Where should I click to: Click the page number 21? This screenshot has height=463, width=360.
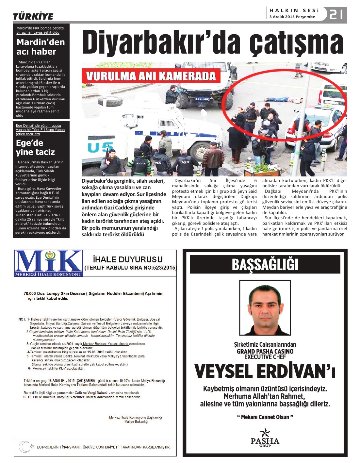pyautogui.click(x=336, y=14)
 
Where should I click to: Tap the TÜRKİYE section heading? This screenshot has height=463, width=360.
pyautogui.click(x=33, y=16)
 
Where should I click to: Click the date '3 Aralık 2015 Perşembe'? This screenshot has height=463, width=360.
pyautogui.click(x=292, y=17)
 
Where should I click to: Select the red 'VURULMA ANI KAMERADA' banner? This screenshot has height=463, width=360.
pyautogui.click(x=151, y=76)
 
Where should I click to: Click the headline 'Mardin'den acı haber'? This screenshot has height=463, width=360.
pyautogui.click(x=41, y=47)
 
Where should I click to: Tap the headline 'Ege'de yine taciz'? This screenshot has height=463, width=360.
pyautogui.click(x=35, y=147)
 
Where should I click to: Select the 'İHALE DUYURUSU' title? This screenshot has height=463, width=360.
pyautogui.click(x=128, y=259)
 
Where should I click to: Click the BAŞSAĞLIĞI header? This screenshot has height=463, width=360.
pyautogui.click(x=265, y=264)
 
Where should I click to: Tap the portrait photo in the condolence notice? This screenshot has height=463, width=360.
pyautogui.click(x=265, y=307)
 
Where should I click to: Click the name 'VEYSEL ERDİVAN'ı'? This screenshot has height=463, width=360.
pyautogui.click(x=265, y=372)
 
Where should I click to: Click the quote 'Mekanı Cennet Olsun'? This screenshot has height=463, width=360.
pyautogui.click(x=265, y=417)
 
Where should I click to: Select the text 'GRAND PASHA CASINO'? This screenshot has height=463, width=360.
pyautogui.click(x=265, y=351)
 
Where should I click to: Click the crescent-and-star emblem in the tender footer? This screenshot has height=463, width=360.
pyautogui.click(x=25, y=447)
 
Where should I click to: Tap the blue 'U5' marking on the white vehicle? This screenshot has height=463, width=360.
pyautogui.click(x=98, y=148)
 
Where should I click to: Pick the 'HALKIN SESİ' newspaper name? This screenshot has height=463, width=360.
pyautogui.click(x=294, y=10)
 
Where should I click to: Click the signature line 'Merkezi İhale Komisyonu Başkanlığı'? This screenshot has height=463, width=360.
pyautogui.click(x=135, y=417)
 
